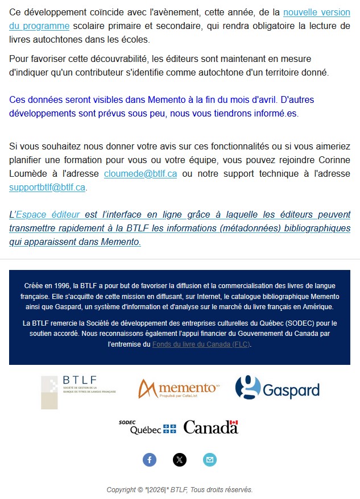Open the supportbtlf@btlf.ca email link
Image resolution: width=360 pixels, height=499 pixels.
click(47, 187)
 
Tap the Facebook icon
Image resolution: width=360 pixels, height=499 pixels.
click(150, 460)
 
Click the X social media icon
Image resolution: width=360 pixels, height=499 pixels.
click(180, 460)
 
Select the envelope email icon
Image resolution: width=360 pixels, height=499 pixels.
click(210, 460)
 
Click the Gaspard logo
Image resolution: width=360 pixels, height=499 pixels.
click(277, 388)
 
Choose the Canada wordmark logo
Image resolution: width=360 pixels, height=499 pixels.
click(210, 427)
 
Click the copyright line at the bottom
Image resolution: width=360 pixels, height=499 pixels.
click(180, 490)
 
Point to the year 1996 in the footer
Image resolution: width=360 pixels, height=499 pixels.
click(61, 285)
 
